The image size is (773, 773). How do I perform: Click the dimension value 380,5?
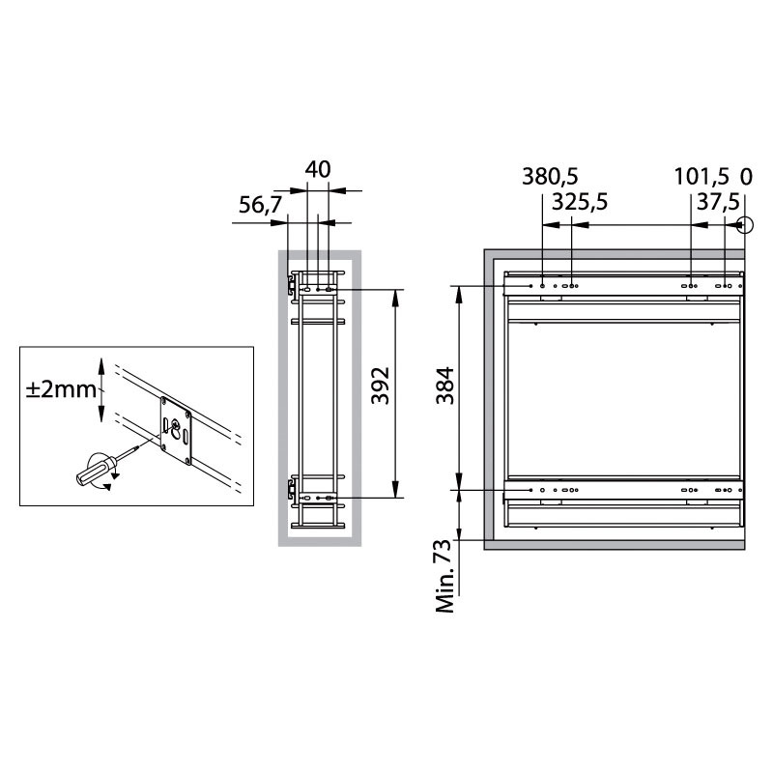coord(550,176)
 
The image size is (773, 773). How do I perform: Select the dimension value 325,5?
coord(579,202)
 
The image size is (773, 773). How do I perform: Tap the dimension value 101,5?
coord(701,176)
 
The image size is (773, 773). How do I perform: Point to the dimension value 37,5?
coord(718,202)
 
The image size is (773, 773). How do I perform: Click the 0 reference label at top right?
coord(746,177)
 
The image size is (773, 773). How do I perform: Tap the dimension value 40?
coord(318,170)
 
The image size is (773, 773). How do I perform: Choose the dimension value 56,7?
coord(260,205)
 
